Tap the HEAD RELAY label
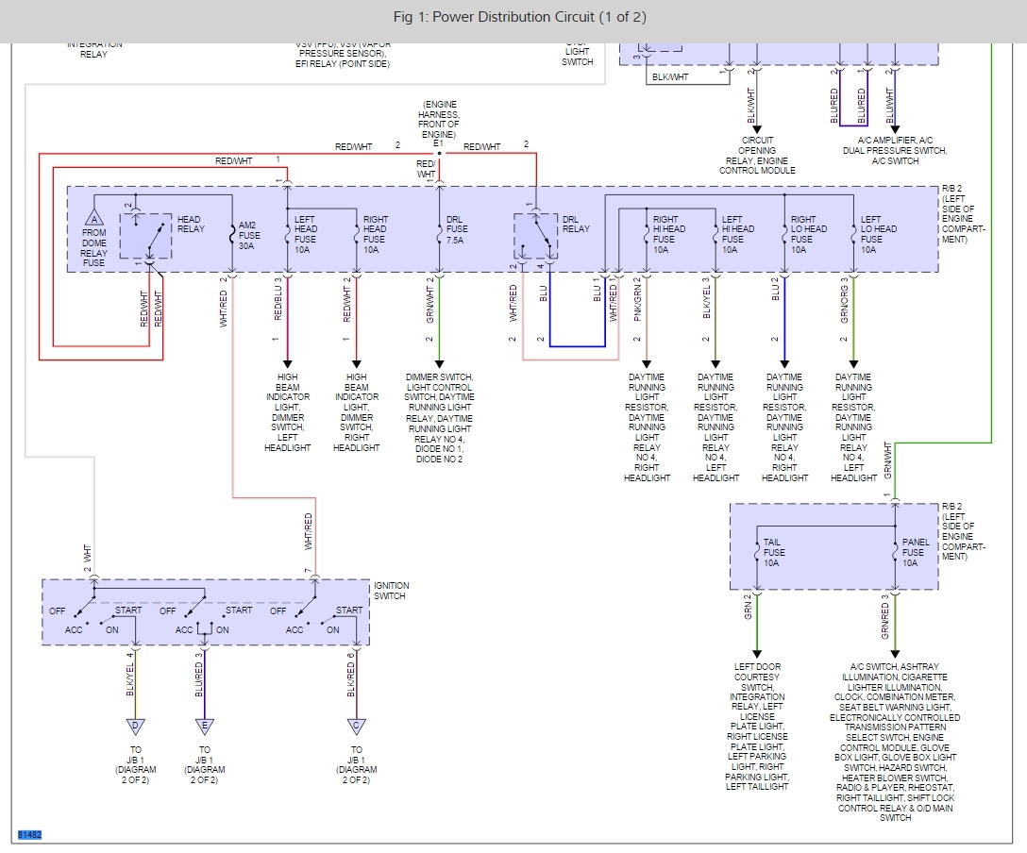point(190,225)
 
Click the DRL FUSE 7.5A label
point(455,235)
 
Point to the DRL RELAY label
point(575,225)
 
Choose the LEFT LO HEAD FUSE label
point(871,235)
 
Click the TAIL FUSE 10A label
point(773,553)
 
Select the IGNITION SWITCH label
point(390,591)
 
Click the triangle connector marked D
point(135,726)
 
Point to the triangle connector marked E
point(204,726)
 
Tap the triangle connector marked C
point(356,726)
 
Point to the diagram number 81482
point(30,835)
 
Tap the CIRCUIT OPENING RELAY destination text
point(757,156)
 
